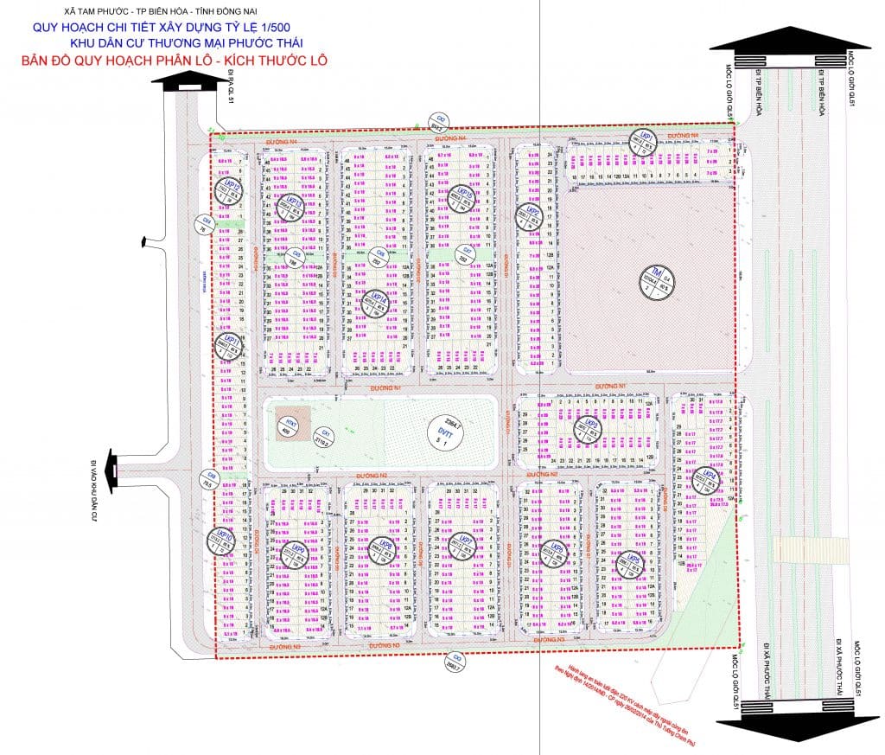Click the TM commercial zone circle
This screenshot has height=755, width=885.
tap(656, 280)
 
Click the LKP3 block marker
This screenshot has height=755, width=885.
tap(592, 426)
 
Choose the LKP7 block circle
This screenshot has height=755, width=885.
tap(457, 544)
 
